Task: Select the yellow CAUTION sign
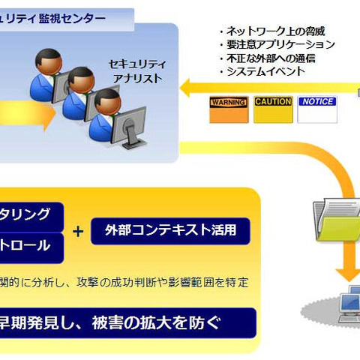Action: (x=272, y=109)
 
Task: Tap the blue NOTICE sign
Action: (x=317, y=109)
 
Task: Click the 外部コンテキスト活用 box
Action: (x=170, y=230)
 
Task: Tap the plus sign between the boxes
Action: (x=78, y=231)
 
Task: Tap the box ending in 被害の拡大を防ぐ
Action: (x=127, y=322)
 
